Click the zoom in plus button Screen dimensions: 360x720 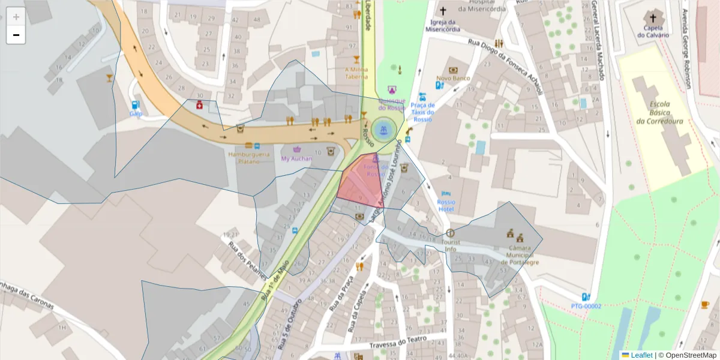(x=16, y=17)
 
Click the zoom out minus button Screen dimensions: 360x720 (x=16, y=35)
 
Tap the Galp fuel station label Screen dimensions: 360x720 (x=136, y=113)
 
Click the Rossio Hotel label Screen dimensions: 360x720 (x=446, y=206)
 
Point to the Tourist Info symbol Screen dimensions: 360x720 (x=450, y=233)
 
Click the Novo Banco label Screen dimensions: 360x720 (x=453, y=78)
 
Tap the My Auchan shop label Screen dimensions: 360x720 (x=296, y=158)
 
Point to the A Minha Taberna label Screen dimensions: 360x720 (x=355, y=73)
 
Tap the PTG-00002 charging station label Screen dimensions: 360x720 (x=586, y=306)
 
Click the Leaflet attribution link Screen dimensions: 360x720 (x=641, y=355)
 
